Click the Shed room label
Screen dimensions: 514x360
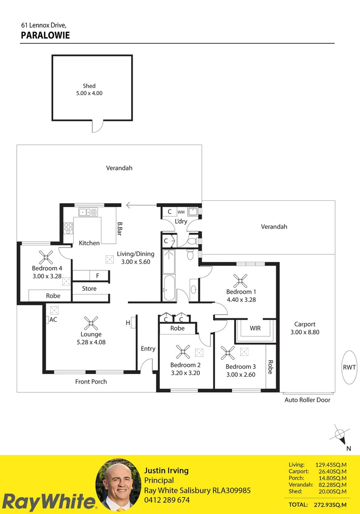coord(89,86)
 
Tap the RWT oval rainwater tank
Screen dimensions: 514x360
coord(349,367)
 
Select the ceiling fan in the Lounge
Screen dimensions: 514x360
coord(90,323)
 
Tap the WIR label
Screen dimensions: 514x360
coord(255,328)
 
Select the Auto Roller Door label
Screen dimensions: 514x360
coord(307,400)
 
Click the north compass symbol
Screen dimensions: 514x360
coord(340,434)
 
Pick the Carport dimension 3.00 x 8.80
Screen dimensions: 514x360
coord(305,332)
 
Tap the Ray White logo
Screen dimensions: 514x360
coord(49,502)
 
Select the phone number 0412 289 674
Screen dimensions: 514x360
coord(167,500)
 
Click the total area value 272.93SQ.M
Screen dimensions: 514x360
coord(331,504)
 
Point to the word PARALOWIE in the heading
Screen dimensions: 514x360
coord(46,35)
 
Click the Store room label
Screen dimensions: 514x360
coord(89,288)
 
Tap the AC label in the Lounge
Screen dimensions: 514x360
coord(53,320)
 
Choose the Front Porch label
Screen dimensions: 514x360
coord(91,382)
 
